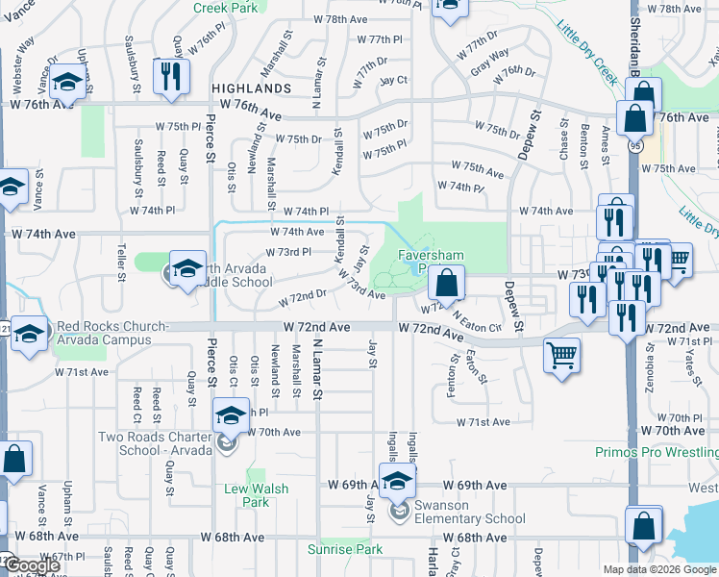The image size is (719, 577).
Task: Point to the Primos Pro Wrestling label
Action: [x=657, y=452]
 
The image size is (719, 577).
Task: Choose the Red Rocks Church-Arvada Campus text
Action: [x=116, y=334]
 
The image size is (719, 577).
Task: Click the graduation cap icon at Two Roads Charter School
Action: [x=231, y=414]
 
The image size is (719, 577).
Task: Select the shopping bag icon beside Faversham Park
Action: [x=446, y=283]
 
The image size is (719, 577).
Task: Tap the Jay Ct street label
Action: [x=394, y=80]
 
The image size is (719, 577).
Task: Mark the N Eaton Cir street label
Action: [x=475, y=325]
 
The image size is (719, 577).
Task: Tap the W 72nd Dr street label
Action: [x=297, y=300]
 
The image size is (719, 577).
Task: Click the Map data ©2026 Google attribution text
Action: [x=658, y=569]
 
